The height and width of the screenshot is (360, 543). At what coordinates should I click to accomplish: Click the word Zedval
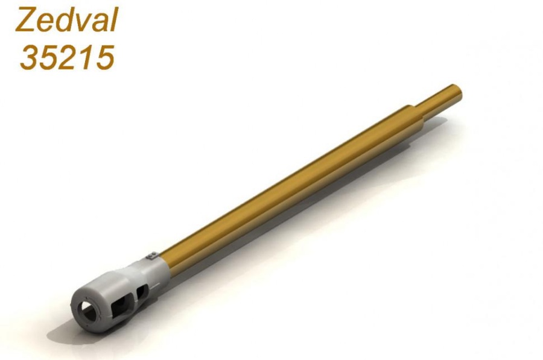(67, 20)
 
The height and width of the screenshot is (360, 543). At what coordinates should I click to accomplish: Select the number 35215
(67, 57)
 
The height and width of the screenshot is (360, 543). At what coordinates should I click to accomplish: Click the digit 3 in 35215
(30, 57)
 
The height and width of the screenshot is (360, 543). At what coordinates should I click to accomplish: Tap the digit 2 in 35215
(69, 57)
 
